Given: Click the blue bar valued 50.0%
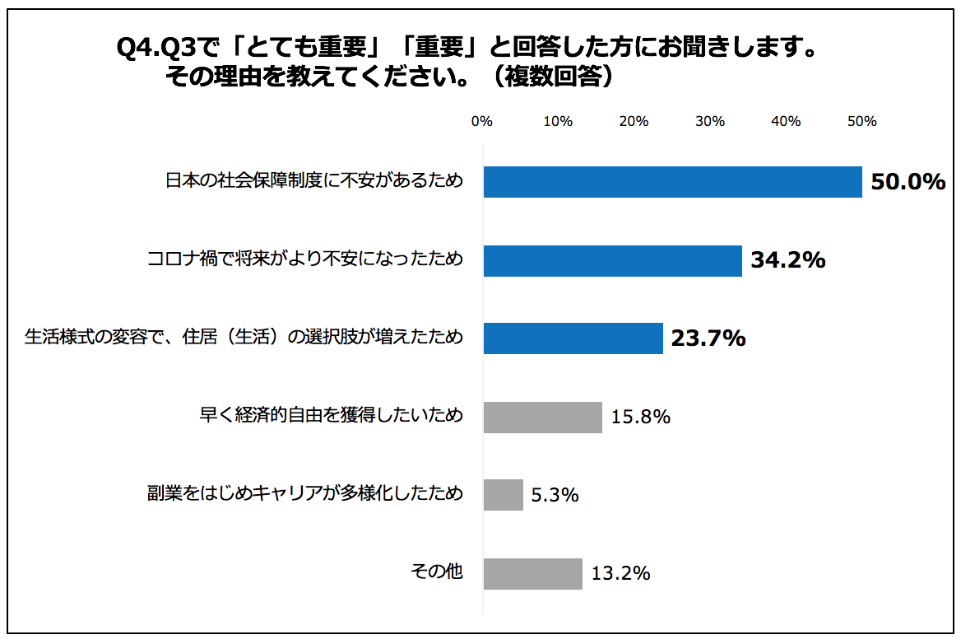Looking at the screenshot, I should [672, 182].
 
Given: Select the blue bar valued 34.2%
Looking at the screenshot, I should [612, 260].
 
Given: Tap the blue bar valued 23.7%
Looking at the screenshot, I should [573, 338].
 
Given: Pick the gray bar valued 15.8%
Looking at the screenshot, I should [542, 417].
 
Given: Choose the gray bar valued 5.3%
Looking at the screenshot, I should [503, 495].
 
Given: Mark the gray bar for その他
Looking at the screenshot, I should [532, 573].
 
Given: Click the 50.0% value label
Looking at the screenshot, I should [908, 182].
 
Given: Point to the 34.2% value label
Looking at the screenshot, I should [787, 260].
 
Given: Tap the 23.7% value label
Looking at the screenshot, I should [708, 338].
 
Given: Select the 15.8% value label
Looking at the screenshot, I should [640, 417].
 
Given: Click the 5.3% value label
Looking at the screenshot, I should [555, 495].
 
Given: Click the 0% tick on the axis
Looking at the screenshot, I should [481, 122].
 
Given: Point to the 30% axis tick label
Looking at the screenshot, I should [710, 122].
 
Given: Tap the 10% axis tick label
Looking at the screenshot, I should [558, 122].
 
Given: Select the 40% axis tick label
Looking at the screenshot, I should [786, 122].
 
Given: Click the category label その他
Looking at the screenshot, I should [437, 572].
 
